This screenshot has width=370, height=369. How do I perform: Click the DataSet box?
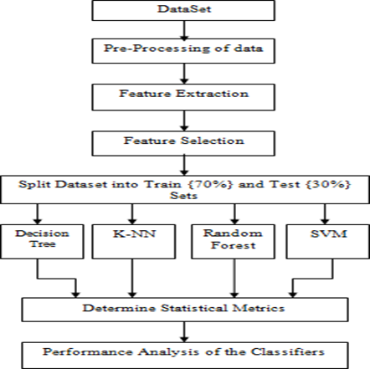coord(183,10)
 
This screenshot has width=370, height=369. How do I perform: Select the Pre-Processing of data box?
coord(183,51)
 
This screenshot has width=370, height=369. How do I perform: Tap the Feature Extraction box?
coord(183,97)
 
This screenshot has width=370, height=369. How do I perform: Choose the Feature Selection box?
coord(183,143)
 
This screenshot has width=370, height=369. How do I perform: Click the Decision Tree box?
coord(42,242)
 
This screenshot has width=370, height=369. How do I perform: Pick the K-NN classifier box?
coord(134,242)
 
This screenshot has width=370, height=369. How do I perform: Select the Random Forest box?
coord(233,242)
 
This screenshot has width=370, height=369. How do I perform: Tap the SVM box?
coord(328,242)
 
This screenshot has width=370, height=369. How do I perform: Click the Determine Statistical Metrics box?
coord(185,310)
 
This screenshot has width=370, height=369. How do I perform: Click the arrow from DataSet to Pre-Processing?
coord(184,29)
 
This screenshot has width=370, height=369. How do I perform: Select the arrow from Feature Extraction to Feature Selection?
coord(184,120)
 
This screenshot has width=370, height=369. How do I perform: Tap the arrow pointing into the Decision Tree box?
coord(38,214)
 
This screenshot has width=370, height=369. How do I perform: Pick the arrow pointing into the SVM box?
coord(325,214)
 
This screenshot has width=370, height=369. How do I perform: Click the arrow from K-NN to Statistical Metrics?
coord(132,278)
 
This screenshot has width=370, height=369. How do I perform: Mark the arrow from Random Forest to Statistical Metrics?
coord(234,278)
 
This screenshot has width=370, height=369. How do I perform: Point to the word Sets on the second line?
coord(183,195)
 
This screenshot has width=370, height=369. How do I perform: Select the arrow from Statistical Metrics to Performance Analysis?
coord(184,332)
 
